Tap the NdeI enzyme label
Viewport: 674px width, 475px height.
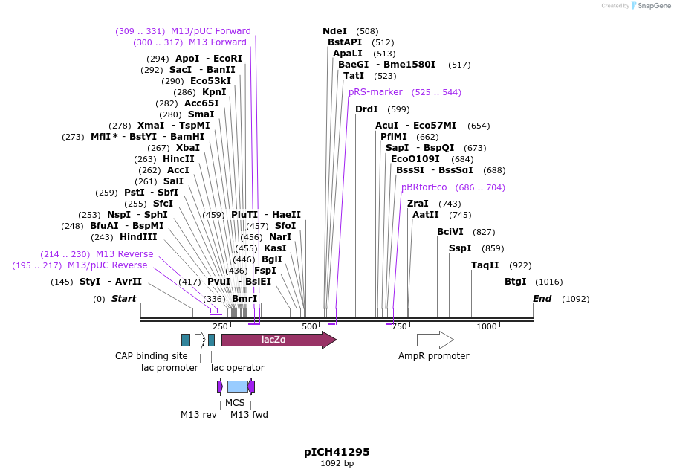[334, 31]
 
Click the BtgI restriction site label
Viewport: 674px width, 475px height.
[515, 281]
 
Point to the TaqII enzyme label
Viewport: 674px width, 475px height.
[485, 265]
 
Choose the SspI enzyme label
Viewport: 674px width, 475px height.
[459, 248]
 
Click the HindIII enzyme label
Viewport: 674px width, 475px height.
[138, 237]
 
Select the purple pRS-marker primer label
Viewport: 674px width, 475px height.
[375, 92]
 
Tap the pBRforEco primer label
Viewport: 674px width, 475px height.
[424, 187]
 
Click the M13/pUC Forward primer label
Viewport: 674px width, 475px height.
[211, 31]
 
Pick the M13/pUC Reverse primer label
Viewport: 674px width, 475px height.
[107, 265]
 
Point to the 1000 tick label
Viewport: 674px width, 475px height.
[486, 327]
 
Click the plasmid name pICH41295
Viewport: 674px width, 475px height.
[337, 452]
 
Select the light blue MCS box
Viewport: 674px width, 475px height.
[237, 387]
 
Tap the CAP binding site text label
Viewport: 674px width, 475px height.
[151, 356]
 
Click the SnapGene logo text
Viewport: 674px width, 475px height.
[652, 6]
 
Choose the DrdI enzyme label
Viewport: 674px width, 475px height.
[366, 109]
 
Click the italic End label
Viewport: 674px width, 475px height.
[542, 299]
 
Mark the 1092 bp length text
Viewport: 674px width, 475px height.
[337, 464]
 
